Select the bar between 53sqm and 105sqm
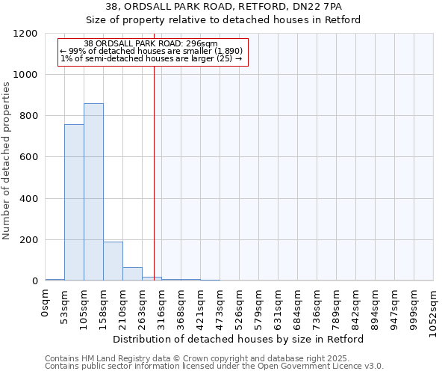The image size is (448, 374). (74, 203)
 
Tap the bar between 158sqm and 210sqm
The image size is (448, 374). (113, 261)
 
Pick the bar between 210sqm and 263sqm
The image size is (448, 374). (132, 274)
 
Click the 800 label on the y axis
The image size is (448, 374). (28, 116)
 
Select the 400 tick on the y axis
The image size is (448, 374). (28, 199)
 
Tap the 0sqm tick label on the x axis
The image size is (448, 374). (46, 301)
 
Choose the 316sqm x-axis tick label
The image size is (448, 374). (162, 305)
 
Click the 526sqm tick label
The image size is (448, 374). (240, 305)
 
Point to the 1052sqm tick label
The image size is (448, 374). (434, 308)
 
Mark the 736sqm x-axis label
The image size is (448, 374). (317, 305)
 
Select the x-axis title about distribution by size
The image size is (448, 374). (239, 339)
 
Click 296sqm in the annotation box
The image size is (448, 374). (202, 44)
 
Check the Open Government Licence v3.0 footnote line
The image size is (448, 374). (214, 367)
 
